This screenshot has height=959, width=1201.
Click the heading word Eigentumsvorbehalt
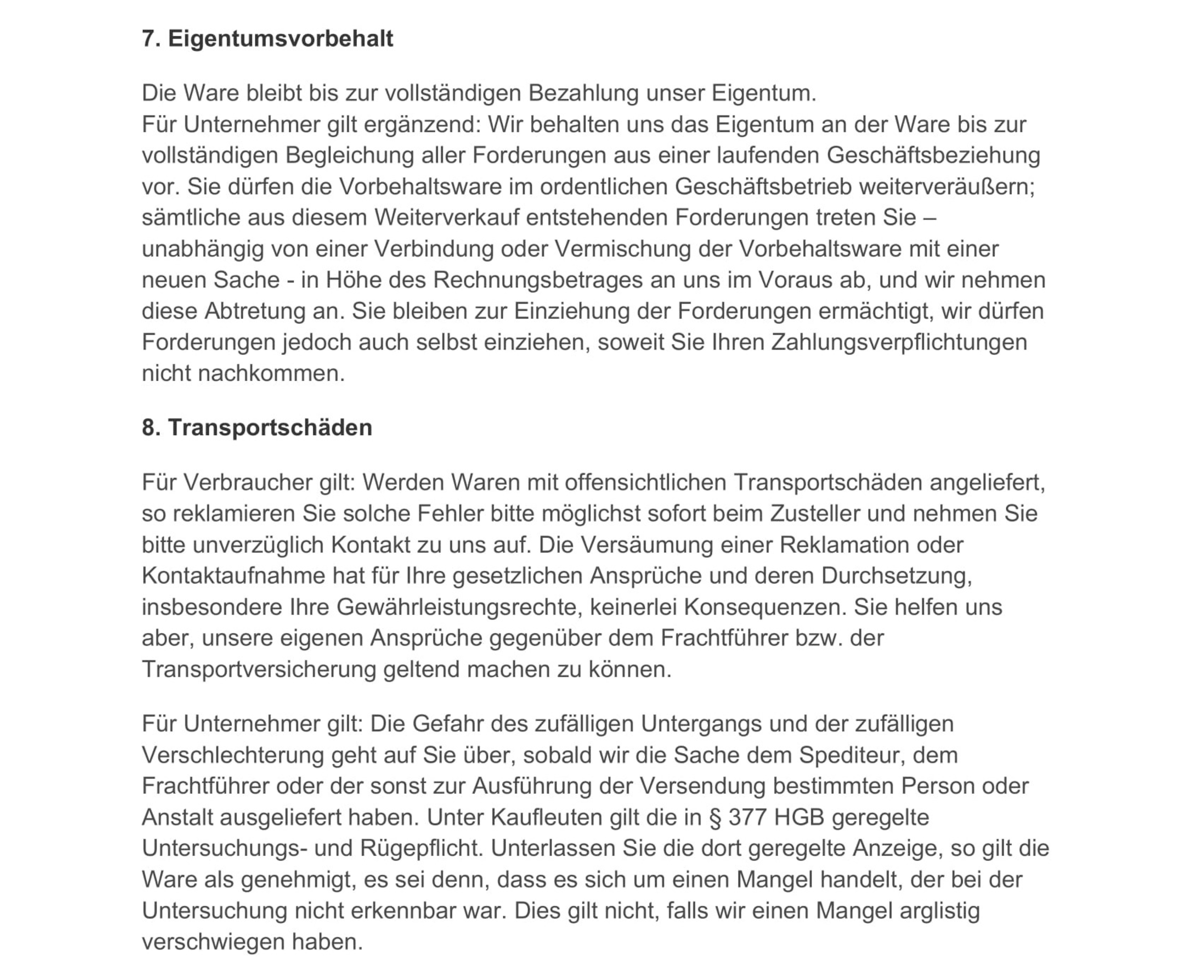click(x=280, y=38)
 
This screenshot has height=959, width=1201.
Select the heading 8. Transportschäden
click(x=257, y=427)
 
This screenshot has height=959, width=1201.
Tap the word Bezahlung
click(x=583, y=93)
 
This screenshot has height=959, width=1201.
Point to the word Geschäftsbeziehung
click(x=933, y=155)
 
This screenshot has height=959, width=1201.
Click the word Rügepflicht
click(x=422, y=849)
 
